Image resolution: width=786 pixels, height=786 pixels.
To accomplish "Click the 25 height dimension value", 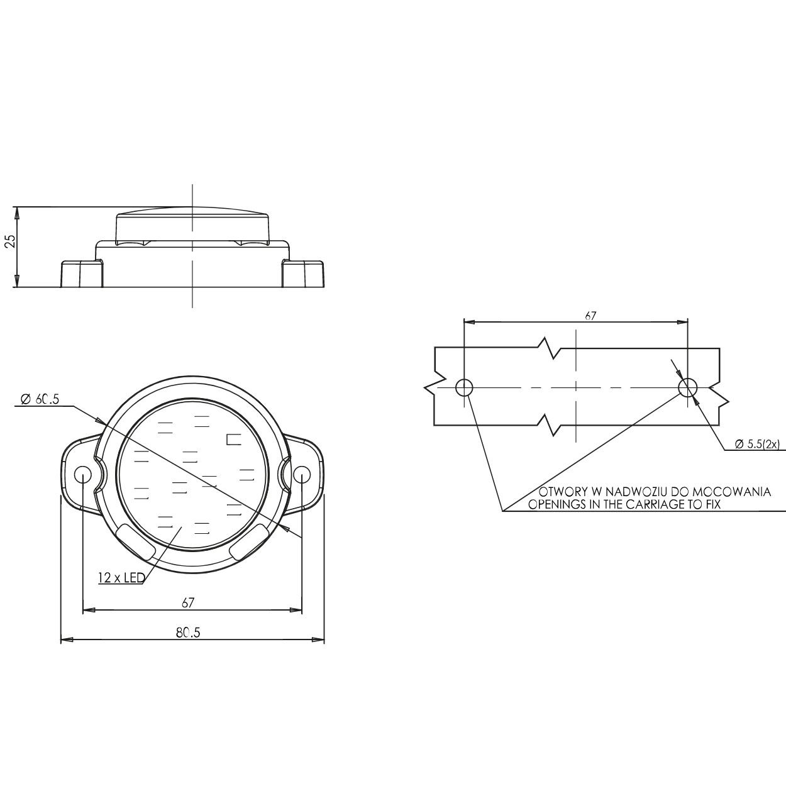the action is coord(11,241).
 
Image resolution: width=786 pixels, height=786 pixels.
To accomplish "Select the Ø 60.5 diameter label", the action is coord(39,399).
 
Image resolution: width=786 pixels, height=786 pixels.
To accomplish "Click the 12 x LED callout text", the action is coord(121,577).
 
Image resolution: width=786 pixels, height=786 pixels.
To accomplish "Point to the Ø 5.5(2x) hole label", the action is coord(756,445).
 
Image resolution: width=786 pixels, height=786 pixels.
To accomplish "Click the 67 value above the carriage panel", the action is coord(590,316).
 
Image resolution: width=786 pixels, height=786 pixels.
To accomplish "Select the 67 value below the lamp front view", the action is coord(187,602).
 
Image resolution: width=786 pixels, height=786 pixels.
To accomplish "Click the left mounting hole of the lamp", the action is coord(83,474).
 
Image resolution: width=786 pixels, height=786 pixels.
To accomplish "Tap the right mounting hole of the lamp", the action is coord(301,474).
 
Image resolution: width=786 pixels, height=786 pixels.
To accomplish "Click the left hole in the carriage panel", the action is coord(464,387).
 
